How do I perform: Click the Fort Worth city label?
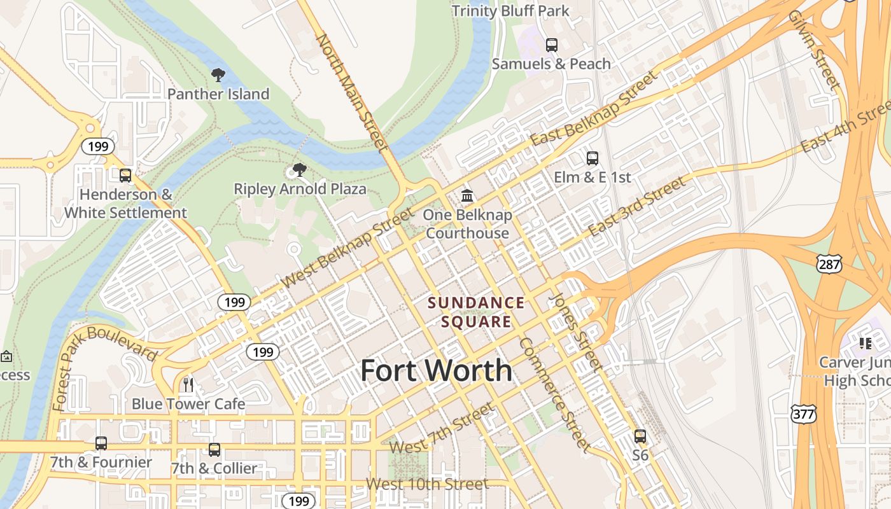pyautogui.click(x=436, y=370)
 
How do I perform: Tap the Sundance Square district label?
pyautogui.click(x=477, y=312)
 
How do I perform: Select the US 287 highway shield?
pyautogui.click(x=830, y=264)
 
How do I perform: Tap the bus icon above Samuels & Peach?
pyautogui.click(x=551, y=45)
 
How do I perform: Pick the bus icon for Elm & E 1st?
pyautogui.click(x=593, y=158)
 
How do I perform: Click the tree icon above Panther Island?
pyautogui.click(x=218, y=75)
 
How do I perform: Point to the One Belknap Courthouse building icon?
pyautogui.click(x=467, y=196)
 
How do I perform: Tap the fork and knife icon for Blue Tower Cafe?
pyautogui.click(x=188, y=384)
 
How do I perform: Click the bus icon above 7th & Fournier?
pyautogui.click(x=101, y=443)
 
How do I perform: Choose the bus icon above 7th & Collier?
pyautogui.click(x=214, y=449)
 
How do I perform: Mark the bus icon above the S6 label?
pyautogui.click(x=640, y=436)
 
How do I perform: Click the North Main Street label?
pyautogui.click(x=352, y=93)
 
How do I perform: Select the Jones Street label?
pyautogui.click(x=575, y=332)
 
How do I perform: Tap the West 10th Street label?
pyautogui.click(x=427, y=484)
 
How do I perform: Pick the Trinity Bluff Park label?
pyautogui.click(x=510, y=11)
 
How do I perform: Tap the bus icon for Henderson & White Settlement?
pyautogui.click(x=125, y=175)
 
